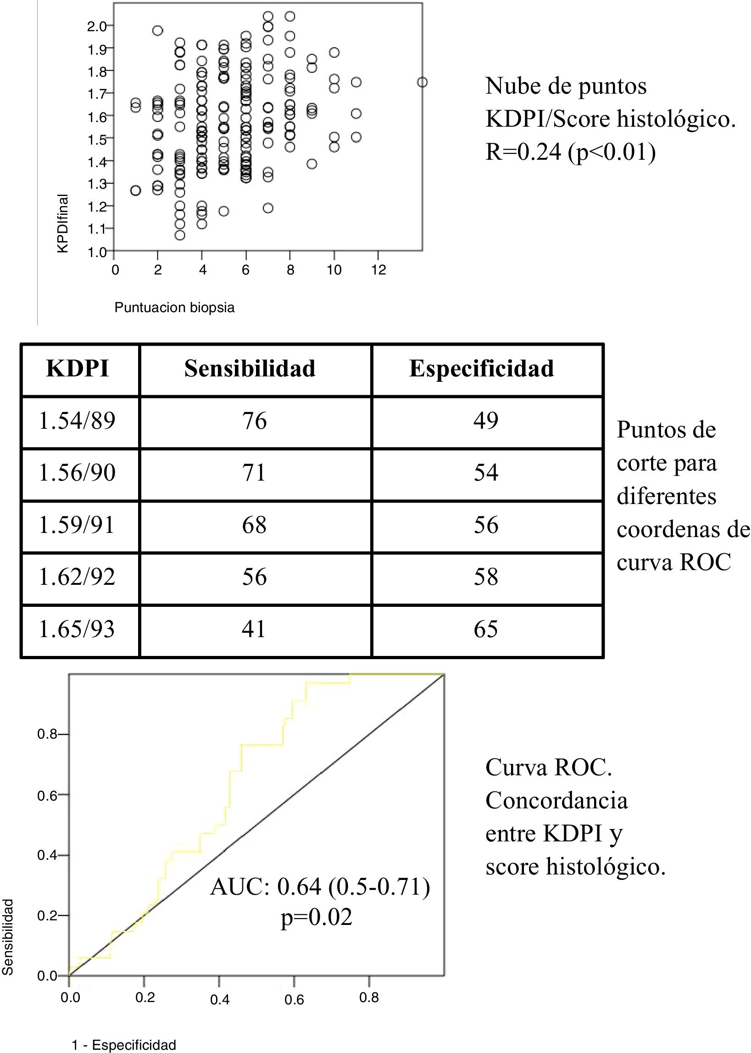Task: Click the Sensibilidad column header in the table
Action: click(x=250, y=369)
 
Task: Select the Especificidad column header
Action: click(x=481, y=369)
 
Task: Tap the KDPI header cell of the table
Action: click(x=78, y=369)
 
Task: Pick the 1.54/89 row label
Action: click(x=77, y=421)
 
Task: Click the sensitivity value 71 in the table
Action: click(x=254, y=473)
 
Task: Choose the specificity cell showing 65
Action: click(x=485, y=629)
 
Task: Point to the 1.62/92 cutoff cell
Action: click(x=77, y=577)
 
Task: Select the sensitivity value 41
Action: click(x=254, y=629)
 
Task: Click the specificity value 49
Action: click(x=485, y=421)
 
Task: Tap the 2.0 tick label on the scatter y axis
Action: click(x=97, y=26)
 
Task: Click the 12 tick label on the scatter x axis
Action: click(x=378, y=270)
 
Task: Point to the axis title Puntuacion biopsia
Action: click(x=174, y=308)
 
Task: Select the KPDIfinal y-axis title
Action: click(x=63, y=224)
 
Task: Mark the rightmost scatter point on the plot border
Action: click(x=422, y=82)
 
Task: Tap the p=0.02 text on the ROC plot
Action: click(x=316, y=917)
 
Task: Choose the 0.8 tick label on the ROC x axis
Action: click(x=368, y=997)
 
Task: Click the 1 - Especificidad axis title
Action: click(x=124, y=1045)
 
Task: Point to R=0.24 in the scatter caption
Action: click(x=523, y=152)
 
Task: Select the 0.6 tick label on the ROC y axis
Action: click(x=47, y=796)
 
